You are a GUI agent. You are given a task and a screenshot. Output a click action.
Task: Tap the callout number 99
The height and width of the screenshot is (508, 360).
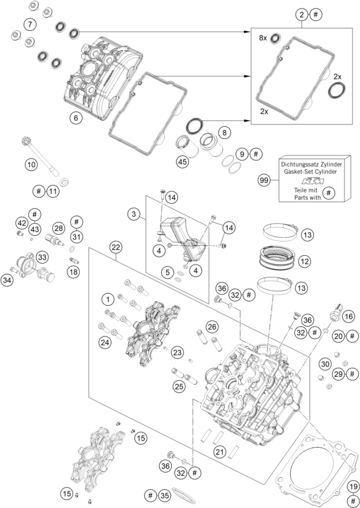(x=264, y=180)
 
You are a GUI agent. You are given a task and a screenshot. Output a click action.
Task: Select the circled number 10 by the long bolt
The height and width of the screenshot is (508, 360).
(x=31, y=165)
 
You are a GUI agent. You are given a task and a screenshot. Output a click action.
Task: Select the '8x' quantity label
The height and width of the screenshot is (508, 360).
(x=263, y=38)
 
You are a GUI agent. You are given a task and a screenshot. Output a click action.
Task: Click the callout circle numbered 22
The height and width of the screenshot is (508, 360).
(x=116, y=247)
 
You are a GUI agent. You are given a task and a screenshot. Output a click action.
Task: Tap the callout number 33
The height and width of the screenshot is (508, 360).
(x=43, y=256)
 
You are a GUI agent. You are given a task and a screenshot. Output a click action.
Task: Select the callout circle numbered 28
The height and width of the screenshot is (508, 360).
(x=59, y=228)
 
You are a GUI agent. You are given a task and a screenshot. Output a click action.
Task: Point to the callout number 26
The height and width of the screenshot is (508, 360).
(x=212, y=326)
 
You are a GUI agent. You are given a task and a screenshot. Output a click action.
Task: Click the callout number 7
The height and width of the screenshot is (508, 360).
(x=29, y=24)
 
